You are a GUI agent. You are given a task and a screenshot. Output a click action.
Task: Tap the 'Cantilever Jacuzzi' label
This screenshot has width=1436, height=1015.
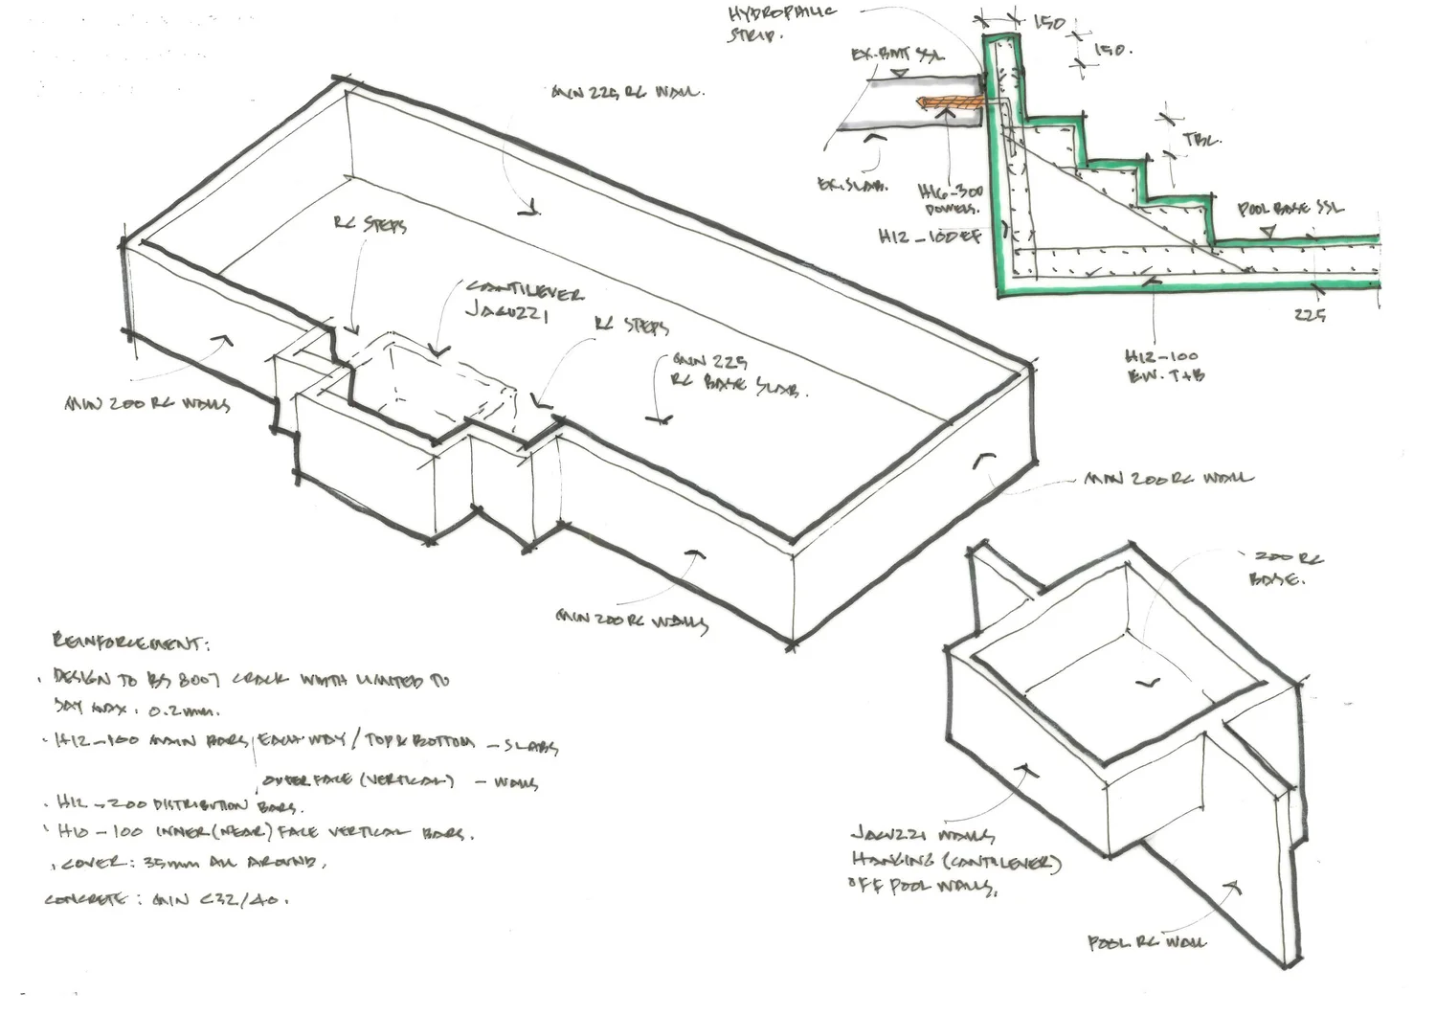pyautogui.click(x=523, y=301)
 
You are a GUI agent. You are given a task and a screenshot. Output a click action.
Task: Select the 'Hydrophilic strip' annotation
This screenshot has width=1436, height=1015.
pyautogui.click(x=780, y=23)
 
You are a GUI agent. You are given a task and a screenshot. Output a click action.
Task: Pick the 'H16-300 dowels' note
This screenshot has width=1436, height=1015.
pyautogui.click(x=950, y=200)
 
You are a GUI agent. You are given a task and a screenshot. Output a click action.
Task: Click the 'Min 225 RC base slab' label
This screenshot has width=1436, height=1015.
pyautogui.click(x=737, y=375)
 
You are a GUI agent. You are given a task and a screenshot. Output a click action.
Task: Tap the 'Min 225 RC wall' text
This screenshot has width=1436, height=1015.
pyautogui.click(x=627, y=93)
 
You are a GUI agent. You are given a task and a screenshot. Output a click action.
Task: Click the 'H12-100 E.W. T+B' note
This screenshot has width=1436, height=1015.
pyautogui.click(x=1162, y=367)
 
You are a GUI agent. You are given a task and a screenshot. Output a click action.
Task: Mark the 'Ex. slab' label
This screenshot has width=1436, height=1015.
pyautogui.click(x=851, y=186)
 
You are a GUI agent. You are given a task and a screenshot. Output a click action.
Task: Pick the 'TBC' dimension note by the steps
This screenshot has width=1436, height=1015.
pyautogui.click(x=1201, y=141)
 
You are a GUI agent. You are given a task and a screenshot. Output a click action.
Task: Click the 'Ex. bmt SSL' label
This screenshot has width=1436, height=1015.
pyautogui.click(x=896, y=56)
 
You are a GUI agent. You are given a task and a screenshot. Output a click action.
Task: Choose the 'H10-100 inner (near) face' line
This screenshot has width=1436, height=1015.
pyautogui.click(x=263, y=832)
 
